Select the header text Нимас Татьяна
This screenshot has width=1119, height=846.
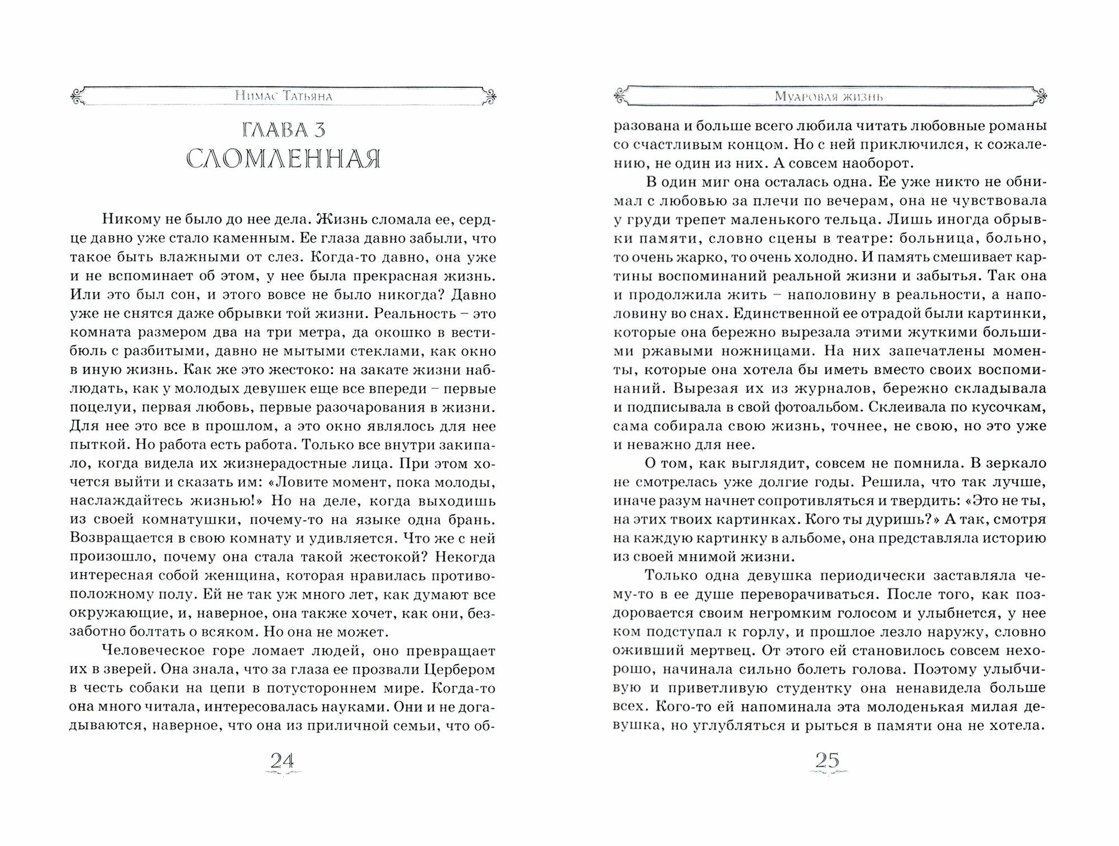point(284,97)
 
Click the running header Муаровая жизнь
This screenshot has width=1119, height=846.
point(829,97)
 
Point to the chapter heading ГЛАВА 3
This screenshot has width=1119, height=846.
point(284,130)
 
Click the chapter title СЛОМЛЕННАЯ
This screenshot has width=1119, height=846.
point(284,160)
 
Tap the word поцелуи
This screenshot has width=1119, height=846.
point(104,407)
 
